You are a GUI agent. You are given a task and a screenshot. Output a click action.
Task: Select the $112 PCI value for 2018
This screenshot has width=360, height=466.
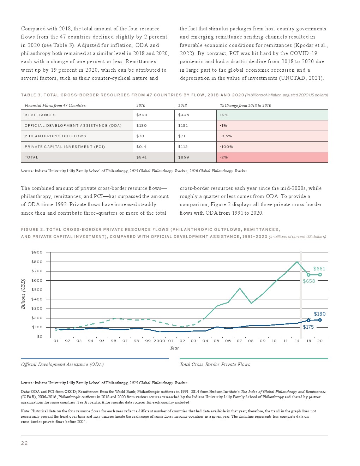[x=183, y=147]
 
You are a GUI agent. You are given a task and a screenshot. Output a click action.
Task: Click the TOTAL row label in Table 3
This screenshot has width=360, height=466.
[x=31, y=157]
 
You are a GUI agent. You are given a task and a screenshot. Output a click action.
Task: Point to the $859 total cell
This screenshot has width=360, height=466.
[x=184, y=157]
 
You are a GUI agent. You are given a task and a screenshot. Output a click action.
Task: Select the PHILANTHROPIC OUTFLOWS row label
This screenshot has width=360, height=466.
[x=55, y=136]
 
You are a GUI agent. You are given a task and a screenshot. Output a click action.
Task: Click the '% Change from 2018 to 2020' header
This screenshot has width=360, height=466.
[x=246, y=106]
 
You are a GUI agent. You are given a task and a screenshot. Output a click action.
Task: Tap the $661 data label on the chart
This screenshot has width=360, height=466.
[x=319, y=269]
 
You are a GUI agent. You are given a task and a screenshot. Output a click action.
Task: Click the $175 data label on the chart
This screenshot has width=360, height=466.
[x=308, y=327]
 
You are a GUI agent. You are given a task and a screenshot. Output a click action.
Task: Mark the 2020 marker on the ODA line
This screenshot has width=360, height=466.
[x=320, y=320]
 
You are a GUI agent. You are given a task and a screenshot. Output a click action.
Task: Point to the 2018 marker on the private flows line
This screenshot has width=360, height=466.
[x=308, y=275]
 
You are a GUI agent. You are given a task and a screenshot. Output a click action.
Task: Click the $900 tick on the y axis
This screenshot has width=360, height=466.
[x=37, y=252]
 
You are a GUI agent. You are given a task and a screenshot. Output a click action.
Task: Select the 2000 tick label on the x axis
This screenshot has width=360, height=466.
[x=159, y=341]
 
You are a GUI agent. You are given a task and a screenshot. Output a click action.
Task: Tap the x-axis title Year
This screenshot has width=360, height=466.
[x=174, y=348]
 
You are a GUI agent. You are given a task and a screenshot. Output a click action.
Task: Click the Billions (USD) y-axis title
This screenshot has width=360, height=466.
[x=23, y=294]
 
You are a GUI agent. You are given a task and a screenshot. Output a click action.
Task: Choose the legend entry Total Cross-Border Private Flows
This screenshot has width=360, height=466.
[x=215, y=364]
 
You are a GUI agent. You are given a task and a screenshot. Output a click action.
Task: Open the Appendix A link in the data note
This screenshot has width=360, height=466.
[x=94, y=402]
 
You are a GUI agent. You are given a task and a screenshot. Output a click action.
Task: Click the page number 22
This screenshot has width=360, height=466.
[x=24, y=443]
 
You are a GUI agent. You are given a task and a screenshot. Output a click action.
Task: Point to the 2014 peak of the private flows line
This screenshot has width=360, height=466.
[x=297, y=262]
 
